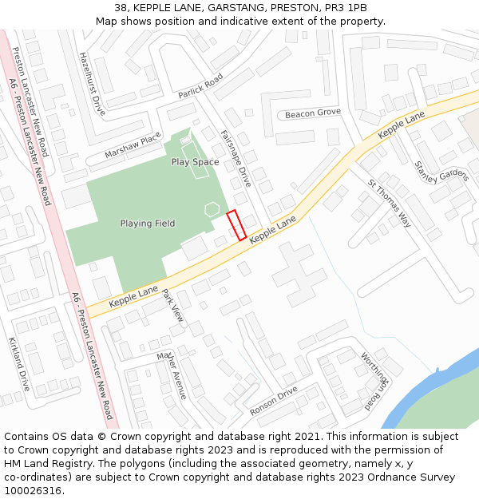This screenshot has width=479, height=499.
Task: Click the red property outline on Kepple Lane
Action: point(236,225)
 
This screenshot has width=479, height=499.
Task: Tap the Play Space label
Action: point(195,162)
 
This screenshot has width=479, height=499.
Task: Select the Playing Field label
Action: point(148,224)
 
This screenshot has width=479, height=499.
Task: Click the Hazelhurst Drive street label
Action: point(93,85)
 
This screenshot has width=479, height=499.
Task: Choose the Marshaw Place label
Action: point(133,146)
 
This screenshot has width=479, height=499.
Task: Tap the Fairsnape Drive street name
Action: point(236,158)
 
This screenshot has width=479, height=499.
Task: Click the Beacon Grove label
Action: point(313,113)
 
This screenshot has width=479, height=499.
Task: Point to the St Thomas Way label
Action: point(389,203)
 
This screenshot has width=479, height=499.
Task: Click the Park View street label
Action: point(173,305)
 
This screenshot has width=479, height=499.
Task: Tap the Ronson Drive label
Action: point(273,400)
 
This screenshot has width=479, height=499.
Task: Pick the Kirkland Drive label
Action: point(18,363)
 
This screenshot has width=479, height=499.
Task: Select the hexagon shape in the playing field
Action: point(212,209)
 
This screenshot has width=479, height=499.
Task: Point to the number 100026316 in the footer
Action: point(31,491)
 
